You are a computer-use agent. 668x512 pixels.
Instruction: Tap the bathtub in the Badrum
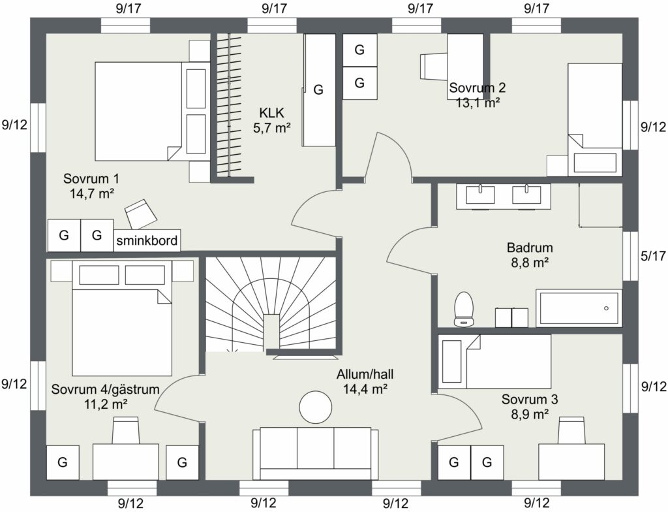pos(579,308)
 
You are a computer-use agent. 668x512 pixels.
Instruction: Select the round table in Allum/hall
pos(315,407)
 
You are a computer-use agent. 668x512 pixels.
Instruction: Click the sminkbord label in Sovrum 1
pos(147,240)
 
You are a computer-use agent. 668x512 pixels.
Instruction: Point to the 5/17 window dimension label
pos(653,256)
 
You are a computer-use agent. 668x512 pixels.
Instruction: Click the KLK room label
pos(271,113)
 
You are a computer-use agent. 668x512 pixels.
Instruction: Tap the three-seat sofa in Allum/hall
pos(315,453)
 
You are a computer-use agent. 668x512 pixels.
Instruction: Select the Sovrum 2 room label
pos(478,88)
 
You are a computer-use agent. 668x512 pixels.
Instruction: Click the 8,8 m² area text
pos(530,263)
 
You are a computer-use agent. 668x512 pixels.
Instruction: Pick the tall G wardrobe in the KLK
pos(318,90)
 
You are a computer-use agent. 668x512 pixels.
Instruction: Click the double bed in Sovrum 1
pos(152,112)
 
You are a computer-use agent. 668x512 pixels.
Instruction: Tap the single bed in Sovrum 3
pos(494,361)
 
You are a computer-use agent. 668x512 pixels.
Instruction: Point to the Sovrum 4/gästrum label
pos(105,389)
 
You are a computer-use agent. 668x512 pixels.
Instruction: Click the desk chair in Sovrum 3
pos(571,431)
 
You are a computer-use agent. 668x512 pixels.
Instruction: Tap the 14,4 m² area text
pos(365,389)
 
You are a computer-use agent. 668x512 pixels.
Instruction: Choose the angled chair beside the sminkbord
pos(141,214)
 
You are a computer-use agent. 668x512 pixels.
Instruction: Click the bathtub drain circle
pos(606,308)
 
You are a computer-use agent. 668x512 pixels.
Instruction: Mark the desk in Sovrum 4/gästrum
pos(126,462)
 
